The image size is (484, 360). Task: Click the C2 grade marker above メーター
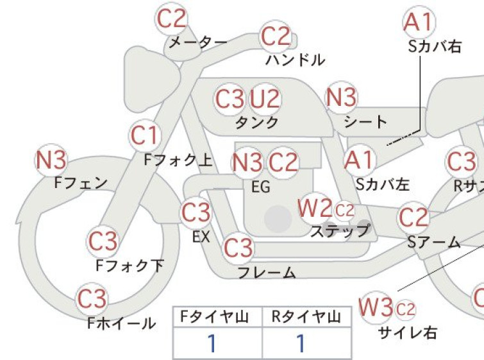click(x=171, y=19)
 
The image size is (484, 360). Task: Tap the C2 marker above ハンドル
click(x=276, y=36)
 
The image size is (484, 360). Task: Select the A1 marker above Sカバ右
click(x=419, y=22)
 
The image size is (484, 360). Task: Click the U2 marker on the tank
click(x=265, y=99)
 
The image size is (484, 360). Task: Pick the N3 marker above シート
click(x=342, y=97)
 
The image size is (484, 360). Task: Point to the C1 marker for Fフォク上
click(x=145, y=135)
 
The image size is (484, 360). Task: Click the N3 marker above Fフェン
click(x=51, y=160)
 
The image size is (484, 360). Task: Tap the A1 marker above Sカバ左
click(x=359, y=160)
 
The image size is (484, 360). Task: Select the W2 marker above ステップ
click(x=315, y=209)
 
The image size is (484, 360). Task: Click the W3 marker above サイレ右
click(x=376, y=307)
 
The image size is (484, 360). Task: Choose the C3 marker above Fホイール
click(x=92, y=299)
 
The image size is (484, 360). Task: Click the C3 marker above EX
click(x=196, y=212)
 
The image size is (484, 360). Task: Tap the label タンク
click(x=257, y=123)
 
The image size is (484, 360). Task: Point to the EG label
click(x=261, y=187)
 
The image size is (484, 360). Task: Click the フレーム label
click(x=267, y=273)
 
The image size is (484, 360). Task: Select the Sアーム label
click(x=434, y=242)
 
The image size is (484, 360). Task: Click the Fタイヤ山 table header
click(x=215, y=317)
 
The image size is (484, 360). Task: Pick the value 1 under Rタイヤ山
click(x=301, y=343)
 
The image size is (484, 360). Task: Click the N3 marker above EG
click(x=247, y=162)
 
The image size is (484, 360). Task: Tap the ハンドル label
click(x=296, y=60)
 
